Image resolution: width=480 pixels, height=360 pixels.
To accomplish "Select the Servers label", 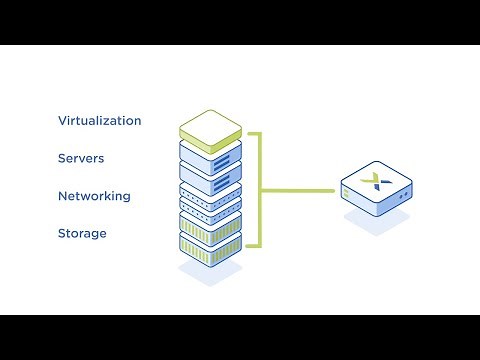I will (81, 159).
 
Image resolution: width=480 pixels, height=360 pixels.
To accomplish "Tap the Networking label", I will (94, 196).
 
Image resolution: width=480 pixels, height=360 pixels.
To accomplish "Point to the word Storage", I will (82, 234).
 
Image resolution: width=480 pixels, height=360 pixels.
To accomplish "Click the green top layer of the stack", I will (211, 125).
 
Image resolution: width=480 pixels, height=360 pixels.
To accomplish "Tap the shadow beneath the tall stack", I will (211, 274).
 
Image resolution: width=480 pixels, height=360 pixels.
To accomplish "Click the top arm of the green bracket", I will (253, 133).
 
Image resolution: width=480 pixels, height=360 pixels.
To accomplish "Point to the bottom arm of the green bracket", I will (253, 245).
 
